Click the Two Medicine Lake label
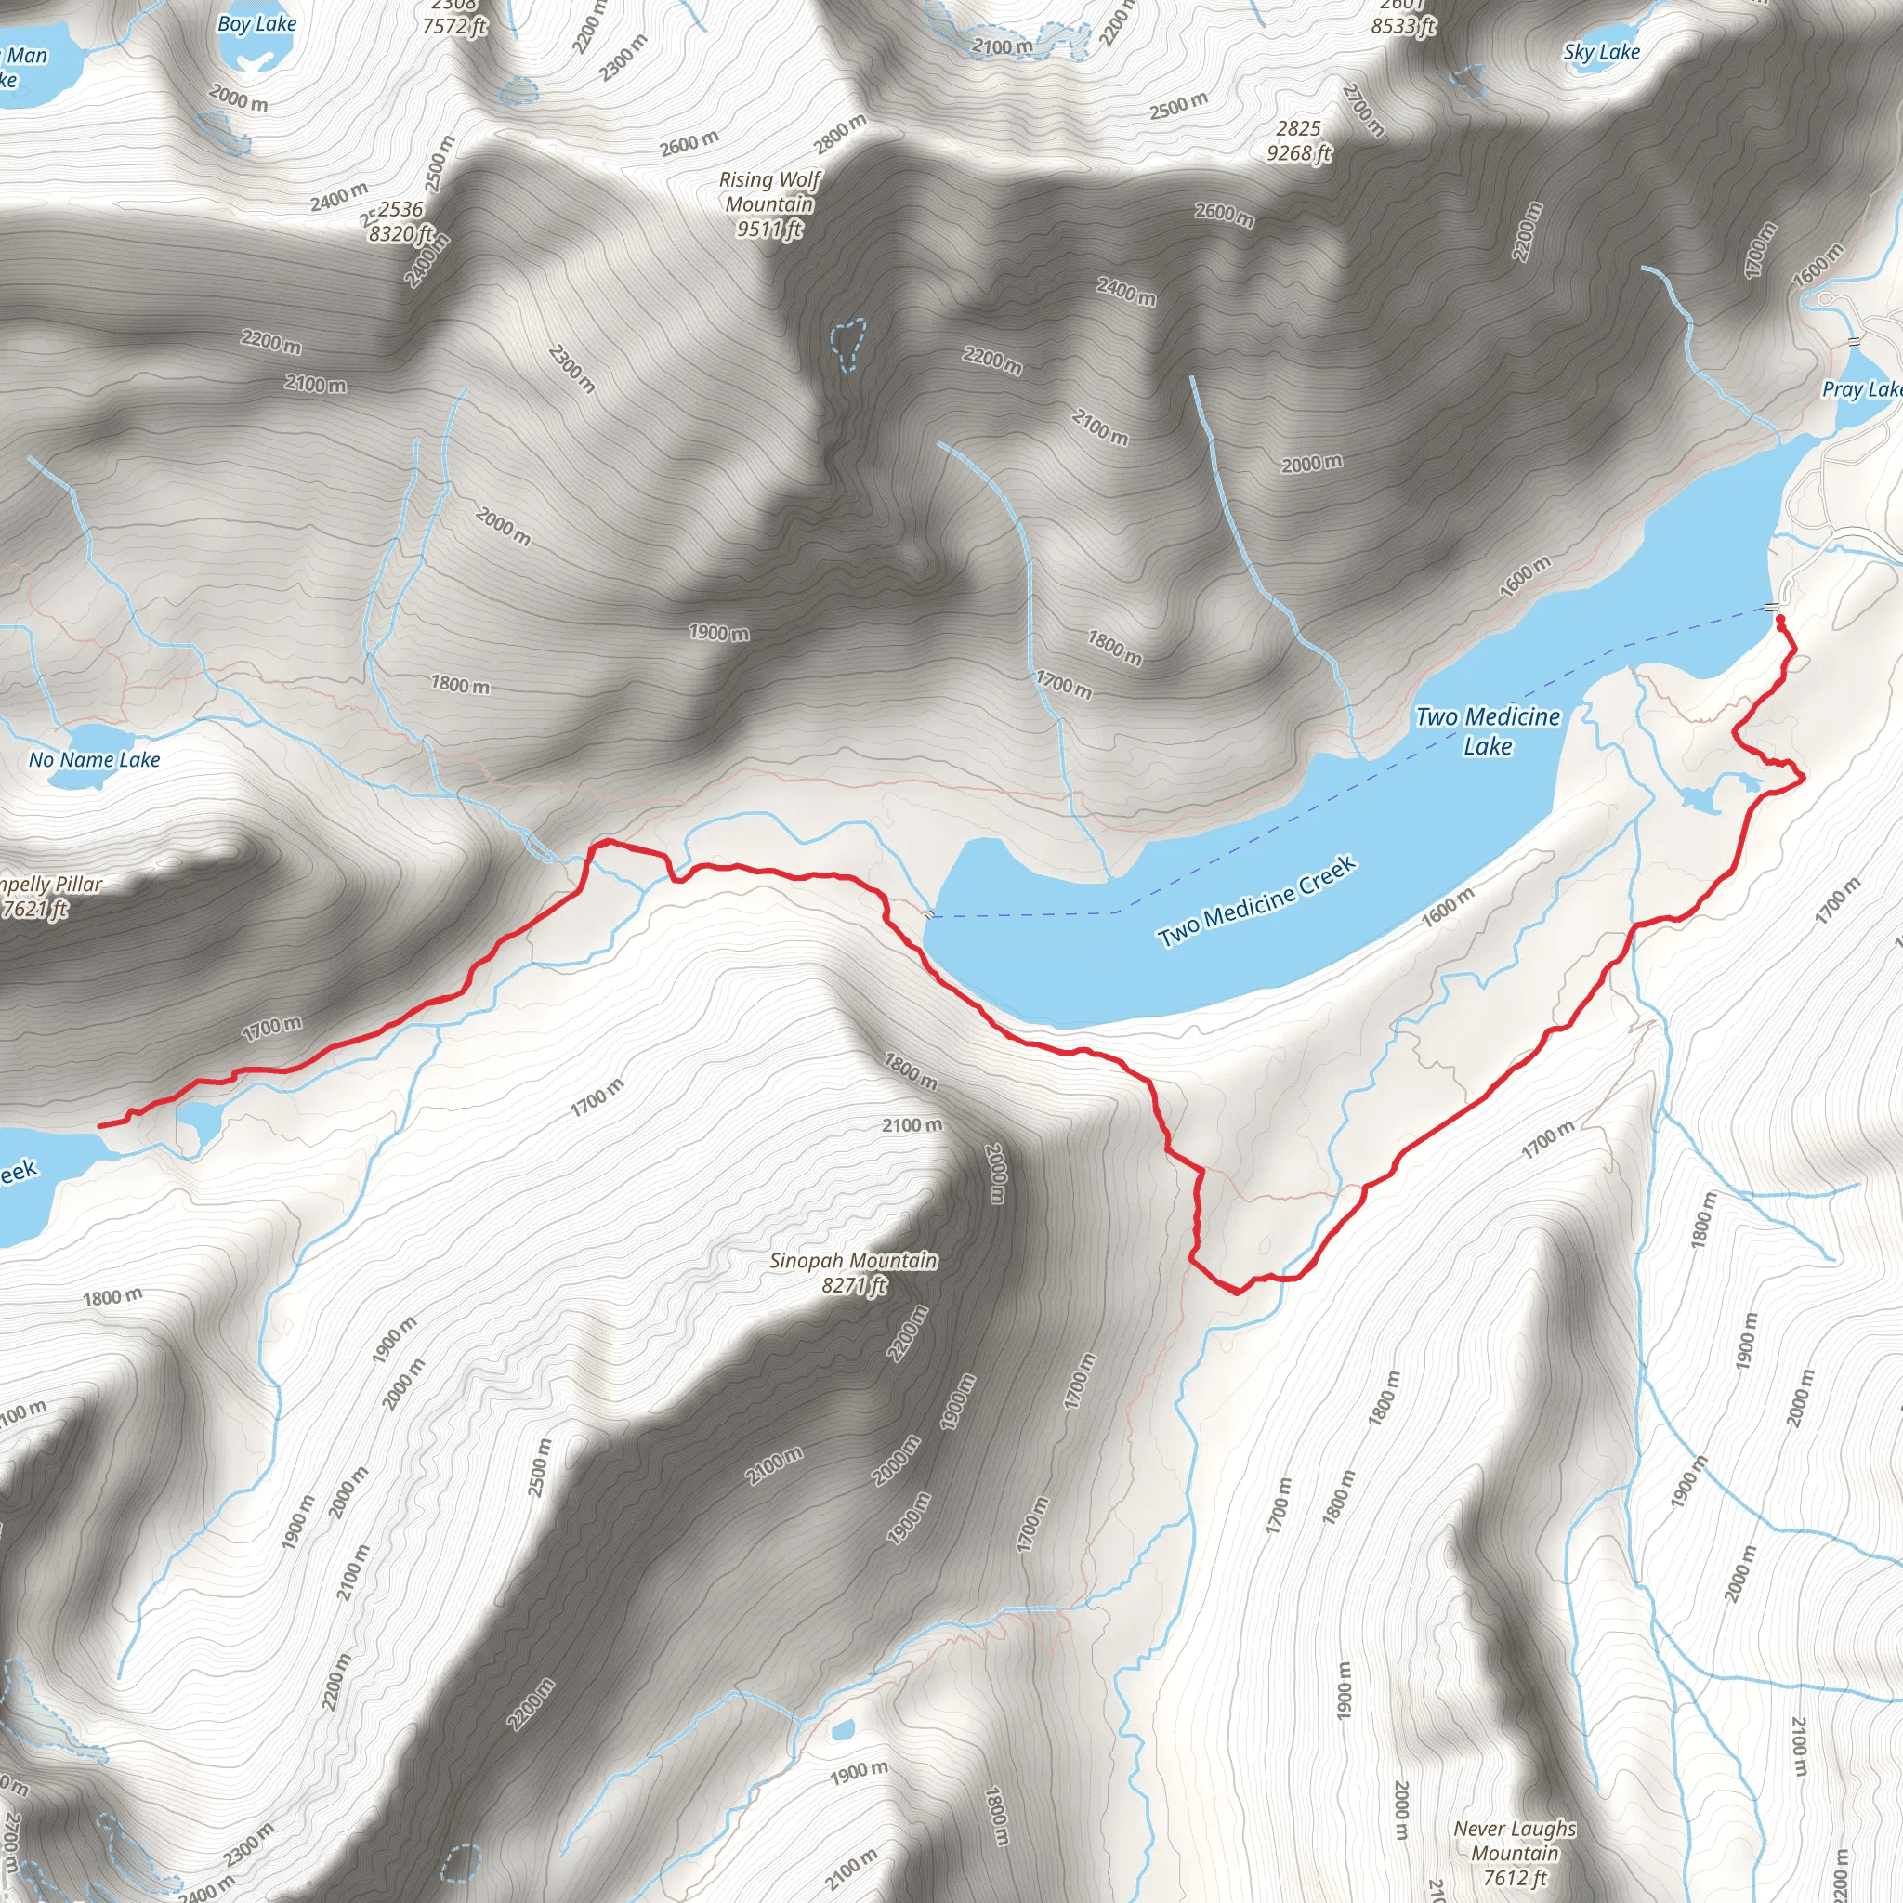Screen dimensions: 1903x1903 [1488, 731]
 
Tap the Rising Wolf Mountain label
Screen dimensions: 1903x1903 [769, 192]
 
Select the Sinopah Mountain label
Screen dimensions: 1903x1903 [853, 1261]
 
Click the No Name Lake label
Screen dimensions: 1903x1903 [95, 759]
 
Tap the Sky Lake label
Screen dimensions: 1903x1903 [1602, 52]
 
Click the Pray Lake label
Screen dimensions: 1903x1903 [1860, 389]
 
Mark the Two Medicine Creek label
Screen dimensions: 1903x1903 [1257, 901]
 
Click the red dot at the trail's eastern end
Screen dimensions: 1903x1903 [1779, 619]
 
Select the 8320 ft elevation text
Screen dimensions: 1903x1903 [400, 234]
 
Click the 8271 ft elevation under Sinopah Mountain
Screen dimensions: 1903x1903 [854, 1285]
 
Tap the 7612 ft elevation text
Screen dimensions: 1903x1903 [1515, 1878]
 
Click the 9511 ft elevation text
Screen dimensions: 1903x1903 [769, 230]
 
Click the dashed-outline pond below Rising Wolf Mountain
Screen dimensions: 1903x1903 [847, 342]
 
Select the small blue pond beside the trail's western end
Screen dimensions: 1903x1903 [200, 1122]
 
